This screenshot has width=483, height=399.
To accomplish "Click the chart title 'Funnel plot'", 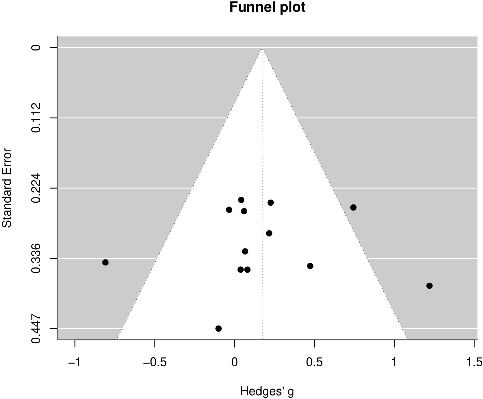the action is point(267,7).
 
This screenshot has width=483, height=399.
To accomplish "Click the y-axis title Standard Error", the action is point(7,188).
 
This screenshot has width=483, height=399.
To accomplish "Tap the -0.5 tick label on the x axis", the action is point(155,362).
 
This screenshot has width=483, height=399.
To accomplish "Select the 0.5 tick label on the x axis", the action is point(314,362).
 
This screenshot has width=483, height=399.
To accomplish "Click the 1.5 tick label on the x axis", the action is point(474,362).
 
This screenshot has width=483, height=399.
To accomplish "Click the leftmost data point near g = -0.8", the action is point(106,262).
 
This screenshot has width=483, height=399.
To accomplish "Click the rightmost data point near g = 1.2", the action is point(429,286).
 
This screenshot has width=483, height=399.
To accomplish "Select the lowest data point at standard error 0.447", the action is point(218,329).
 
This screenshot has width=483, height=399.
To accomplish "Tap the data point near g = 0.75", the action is point(353,207).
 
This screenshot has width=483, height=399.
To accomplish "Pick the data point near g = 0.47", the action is point(310,266).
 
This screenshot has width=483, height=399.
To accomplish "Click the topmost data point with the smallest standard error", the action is point(241,200).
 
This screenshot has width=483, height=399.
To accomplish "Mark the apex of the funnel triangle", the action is point(262,48).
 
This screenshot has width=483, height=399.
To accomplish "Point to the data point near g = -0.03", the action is point(229,210).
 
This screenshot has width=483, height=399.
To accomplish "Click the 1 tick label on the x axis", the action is point(394,362).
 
